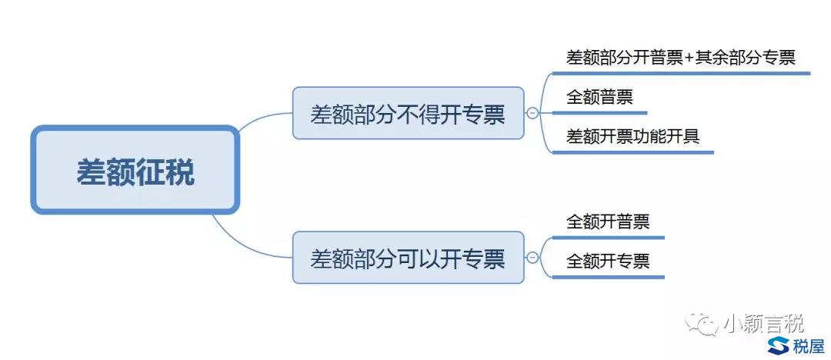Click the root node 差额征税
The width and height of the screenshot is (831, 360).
[135, 170]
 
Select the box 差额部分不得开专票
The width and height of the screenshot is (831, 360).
[408, 113]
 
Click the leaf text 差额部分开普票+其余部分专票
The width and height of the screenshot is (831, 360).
[681, 57]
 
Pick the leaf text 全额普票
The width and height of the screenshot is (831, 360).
[599, 97]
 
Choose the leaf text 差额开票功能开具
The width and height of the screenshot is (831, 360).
[632, 136]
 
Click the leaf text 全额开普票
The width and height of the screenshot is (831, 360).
[608, 221]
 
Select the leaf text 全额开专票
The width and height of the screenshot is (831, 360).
[608, 261]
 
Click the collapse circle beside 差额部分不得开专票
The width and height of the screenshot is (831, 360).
[532, 113]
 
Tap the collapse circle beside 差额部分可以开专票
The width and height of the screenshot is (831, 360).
[532, 258]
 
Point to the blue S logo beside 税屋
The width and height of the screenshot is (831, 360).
[778, 345]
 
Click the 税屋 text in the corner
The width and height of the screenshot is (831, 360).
[809, 345]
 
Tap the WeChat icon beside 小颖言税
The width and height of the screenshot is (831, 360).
[700, 322]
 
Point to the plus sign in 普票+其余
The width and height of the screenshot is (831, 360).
[689, 58]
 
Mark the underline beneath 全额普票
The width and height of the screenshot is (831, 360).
[599, 113]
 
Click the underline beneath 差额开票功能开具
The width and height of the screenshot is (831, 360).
[632, 153]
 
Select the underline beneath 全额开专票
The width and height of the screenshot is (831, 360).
[608, 277]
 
